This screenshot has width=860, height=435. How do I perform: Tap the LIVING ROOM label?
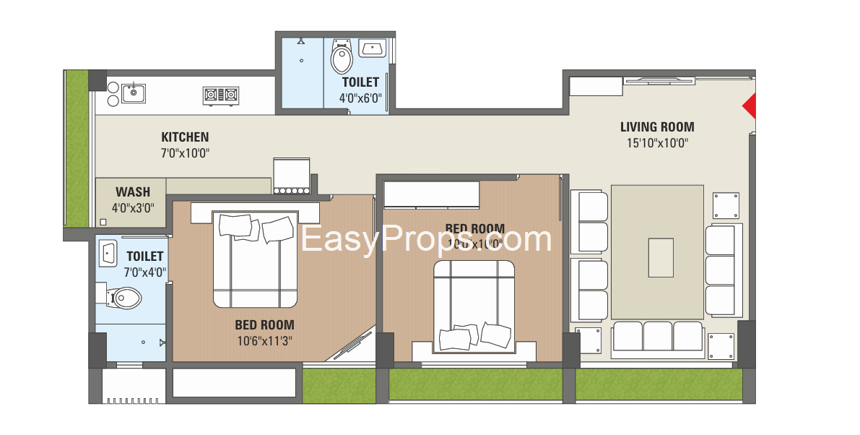(657, 127)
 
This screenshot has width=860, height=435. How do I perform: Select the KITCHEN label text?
(185, 137)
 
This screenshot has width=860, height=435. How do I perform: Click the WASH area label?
(133, 191)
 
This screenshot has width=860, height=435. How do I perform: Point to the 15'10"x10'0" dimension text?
(657, 143)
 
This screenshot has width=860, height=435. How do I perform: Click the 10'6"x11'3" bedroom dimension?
(264, 340)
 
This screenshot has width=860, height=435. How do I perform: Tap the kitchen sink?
(133, 92)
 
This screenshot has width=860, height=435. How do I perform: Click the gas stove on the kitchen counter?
(220, 94)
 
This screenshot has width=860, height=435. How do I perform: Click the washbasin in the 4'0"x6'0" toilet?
(372, 49)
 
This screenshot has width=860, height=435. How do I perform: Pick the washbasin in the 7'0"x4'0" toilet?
(108, 253)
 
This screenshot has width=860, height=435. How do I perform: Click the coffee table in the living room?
(661, 257)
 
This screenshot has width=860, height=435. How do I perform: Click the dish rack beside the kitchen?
(292, 176)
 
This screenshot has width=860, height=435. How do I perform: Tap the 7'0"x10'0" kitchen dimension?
(185, 152)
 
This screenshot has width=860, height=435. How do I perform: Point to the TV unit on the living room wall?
(659, 80)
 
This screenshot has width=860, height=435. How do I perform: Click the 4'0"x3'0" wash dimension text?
(133, 207)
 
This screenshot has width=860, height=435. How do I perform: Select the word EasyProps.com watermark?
(426, 240)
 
